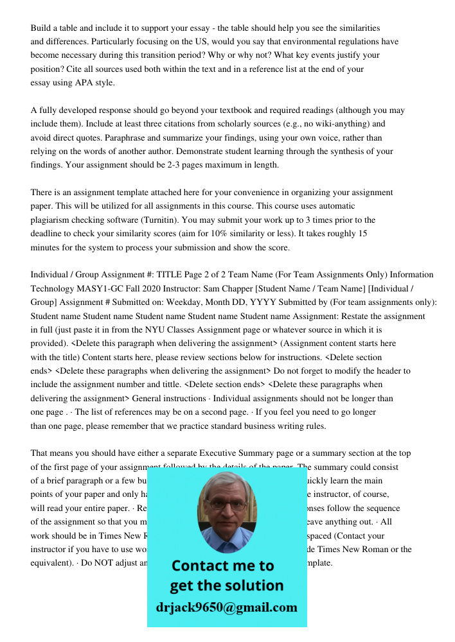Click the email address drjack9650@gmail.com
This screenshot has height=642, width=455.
coord(227,607)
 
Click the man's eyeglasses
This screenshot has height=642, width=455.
coord(227,503)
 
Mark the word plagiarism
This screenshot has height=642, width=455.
coord(53,220)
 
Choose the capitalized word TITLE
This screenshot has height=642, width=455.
coord(191,275)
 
